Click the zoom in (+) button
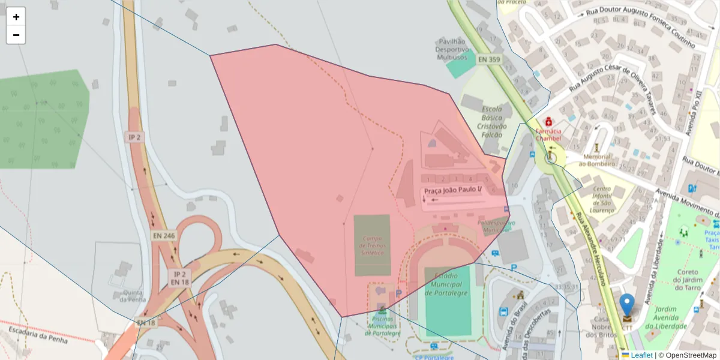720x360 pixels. [16, 17]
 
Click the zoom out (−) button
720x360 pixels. [16, 35]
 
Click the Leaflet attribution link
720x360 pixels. [641, 355]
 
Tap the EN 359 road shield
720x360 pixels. [489, 59]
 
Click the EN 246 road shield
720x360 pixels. [163, 236]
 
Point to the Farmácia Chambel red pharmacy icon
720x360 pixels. [548, 122]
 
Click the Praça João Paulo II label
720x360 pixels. [453, 190]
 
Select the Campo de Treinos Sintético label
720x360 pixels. [372, 245]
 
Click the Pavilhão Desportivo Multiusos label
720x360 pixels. [452, 49]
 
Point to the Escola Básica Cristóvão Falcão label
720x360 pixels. [492, 118]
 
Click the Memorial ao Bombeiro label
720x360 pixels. [597, 160]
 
